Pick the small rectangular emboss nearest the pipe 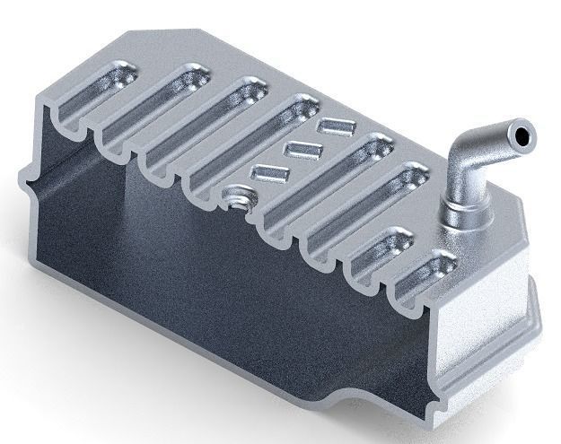[335, 126]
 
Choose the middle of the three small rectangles [300, 149]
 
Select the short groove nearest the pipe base [430, 273]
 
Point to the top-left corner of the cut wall [39, 107]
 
